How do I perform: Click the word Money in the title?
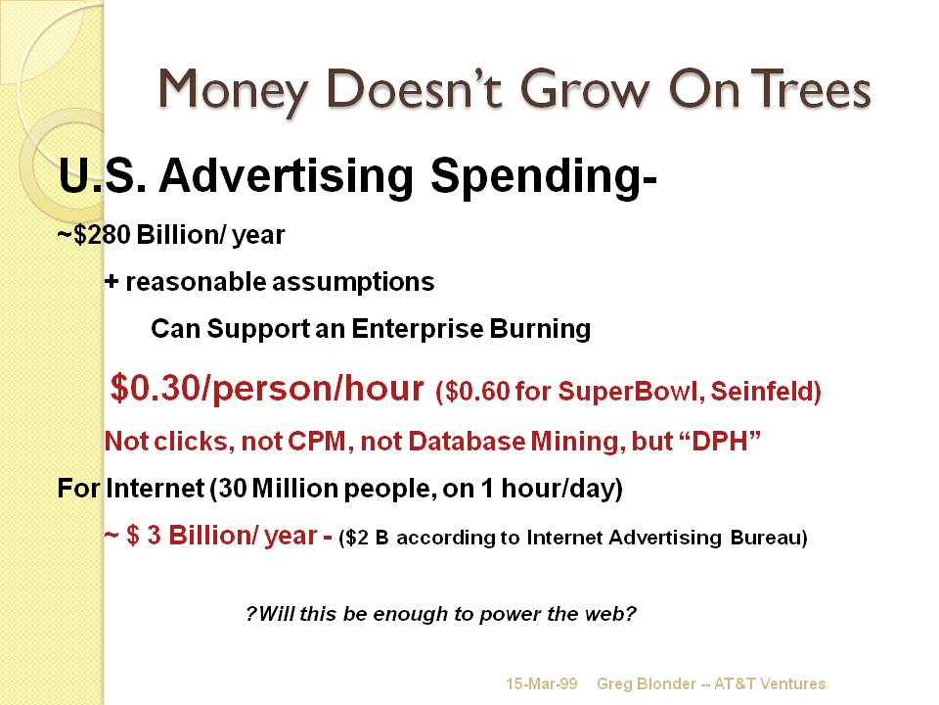pyautogui.click(x=233, y=90)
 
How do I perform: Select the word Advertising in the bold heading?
pyautogui.click(x=287, y=176)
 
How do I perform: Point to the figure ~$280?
pyautogui.click(x=94, y=234)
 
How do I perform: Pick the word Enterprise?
pyautogui.click(x=417, y=329)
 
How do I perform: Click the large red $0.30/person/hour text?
pyautogui.click(x=268, y=388)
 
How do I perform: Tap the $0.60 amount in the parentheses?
pyautogui.click(x=477, y=392)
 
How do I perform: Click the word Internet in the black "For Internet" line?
pyautogui.click(x=156, y=488)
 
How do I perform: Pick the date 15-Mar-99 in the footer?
pyautogui.click(x=542, y=683)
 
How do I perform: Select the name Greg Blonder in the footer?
pyautogui.click(x=647, y=683)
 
